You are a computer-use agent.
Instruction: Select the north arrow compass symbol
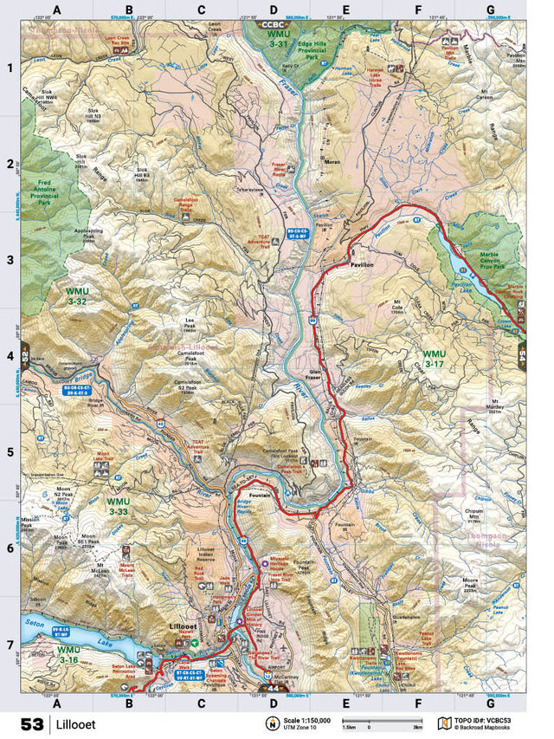[x=272, y=723]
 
